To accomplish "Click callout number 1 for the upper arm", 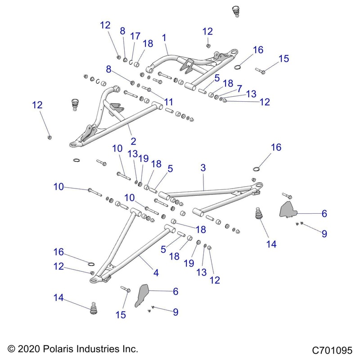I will (x=164, y=38).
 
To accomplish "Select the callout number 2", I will (x=134, y=141).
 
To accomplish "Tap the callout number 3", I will (x=203, y=168).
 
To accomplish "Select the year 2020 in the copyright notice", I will (x=28, y=349).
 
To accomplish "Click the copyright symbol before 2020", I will (x=11, y=349).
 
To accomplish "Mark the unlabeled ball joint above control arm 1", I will (x=234, y=10).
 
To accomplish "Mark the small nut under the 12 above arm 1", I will (x=208, y=45).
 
